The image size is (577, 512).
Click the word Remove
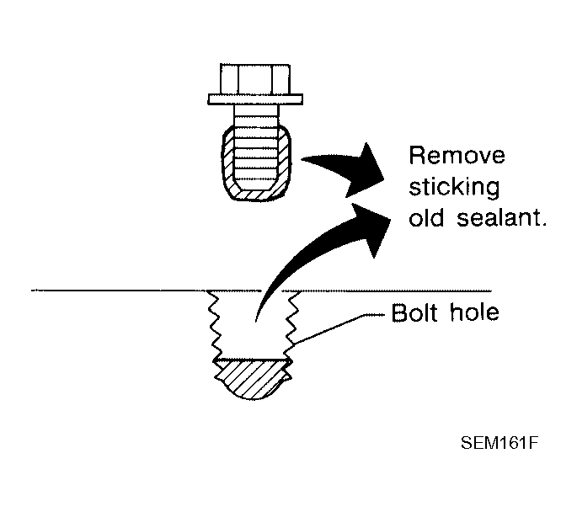coord(457,156)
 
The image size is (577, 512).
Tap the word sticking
coord(454,188)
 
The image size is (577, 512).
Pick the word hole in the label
coord(475,313)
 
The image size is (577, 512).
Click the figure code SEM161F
coord(500,443)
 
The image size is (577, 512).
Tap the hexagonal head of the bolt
coord(255,79)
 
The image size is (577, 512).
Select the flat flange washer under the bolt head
coord(255,99)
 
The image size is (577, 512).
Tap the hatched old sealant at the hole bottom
coord(253,379)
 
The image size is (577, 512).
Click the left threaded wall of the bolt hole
coord(213,326)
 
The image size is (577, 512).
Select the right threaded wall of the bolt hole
coord(292,326)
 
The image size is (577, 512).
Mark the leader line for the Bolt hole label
coord(339,328)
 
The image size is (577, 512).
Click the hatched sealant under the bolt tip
coord(256,195)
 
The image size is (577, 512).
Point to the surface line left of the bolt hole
coord(119,291)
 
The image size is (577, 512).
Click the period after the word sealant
coord(543,225)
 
